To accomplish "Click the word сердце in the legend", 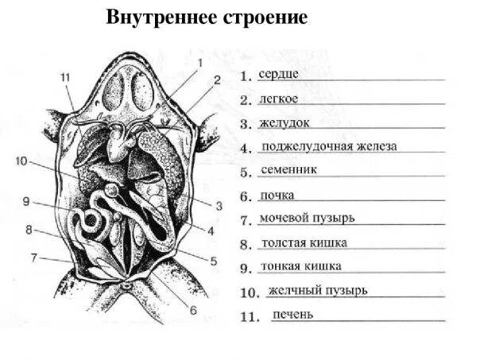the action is (x=278, y=74).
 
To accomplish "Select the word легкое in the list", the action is (x=278, y=99).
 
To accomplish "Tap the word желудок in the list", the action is (x=284, y=124).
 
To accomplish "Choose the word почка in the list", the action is (x=277, y=194).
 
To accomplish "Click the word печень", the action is (x=292, y=315).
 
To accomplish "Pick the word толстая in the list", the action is (x=282, y=242).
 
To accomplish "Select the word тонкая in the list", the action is (x=281, y=266).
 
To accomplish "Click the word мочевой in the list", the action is (x=285, y=218).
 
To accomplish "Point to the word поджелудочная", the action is (x=304, y=147).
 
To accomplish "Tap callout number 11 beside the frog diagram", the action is (x=65, y=77).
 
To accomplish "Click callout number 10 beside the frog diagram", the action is (x=21, y=161).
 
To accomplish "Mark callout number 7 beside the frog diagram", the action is (x=34, y=257).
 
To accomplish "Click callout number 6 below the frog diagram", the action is (x=192, y=310).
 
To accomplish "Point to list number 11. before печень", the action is (x=250, y=317).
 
